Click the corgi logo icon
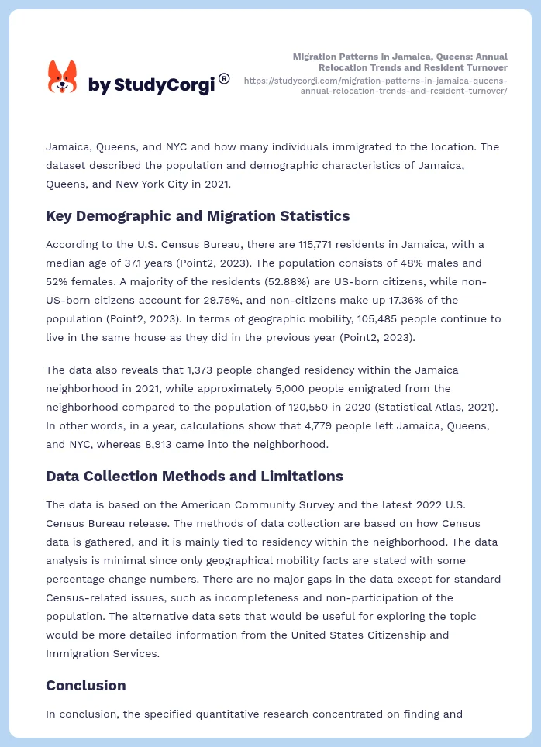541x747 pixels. (63, 77)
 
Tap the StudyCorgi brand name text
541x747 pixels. (151, 85)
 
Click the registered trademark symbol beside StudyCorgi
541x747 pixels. (224, 78)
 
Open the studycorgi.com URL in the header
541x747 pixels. (376, 85)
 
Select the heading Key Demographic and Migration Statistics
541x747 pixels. (198, 216)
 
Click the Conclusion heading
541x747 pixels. (85, 686)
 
